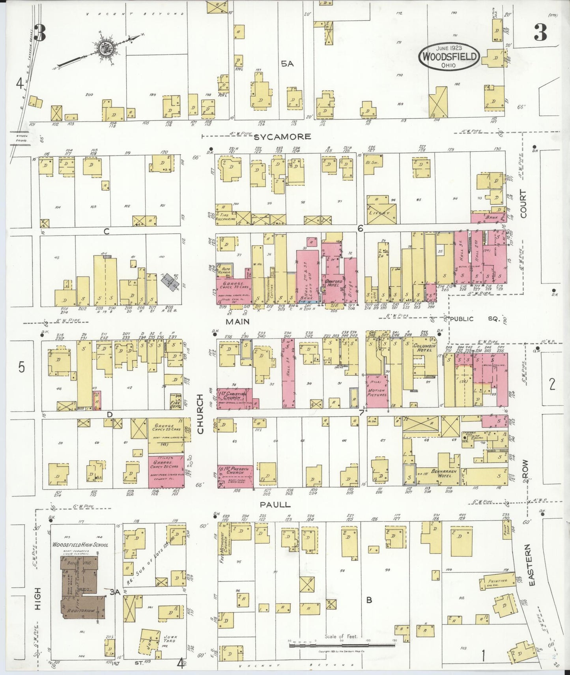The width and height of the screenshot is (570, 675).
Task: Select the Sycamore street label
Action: click(x=282, y=137)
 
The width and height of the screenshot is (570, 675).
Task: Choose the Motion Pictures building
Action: click(x=377, y=391)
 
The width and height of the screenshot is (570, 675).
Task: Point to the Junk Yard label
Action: click(x=168, y=638)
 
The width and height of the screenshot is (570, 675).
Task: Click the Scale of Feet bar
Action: click(x=341, y=646)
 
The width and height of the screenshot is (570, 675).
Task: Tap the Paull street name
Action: click(x=275, y=504)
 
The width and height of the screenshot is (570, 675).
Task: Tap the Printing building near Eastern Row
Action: click(x=497, y=581)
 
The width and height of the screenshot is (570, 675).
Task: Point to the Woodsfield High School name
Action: click(x=80, y=545)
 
